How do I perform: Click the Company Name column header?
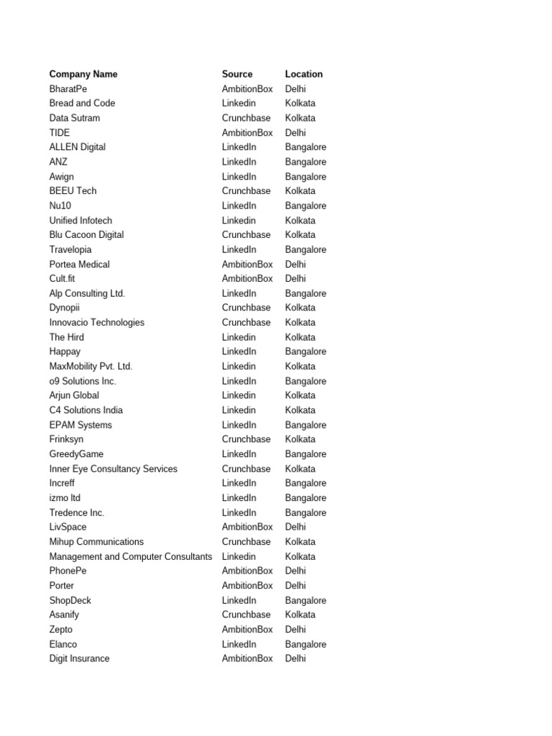(83, 74)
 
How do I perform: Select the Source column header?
(237, 74)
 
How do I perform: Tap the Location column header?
(304, 74)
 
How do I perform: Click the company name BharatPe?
(68, 88)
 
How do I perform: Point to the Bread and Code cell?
(82, 103)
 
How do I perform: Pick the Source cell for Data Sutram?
(247, 118)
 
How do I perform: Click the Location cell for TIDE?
(295, 132)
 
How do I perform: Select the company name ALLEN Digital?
(78, 147)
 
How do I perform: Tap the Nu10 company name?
(60, 206)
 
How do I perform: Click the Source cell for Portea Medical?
(247, 264)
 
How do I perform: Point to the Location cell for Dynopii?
(300, 308)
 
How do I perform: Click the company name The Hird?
(67, 337)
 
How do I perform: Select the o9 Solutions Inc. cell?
(83, 381)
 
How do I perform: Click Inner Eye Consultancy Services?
(114, 469)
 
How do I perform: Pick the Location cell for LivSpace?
(295, 527)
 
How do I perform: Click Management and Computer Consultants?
(131, 556)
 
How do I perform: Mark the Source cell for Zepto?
(247, 629)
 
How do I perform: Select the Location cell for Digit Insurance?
(295, 658)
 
